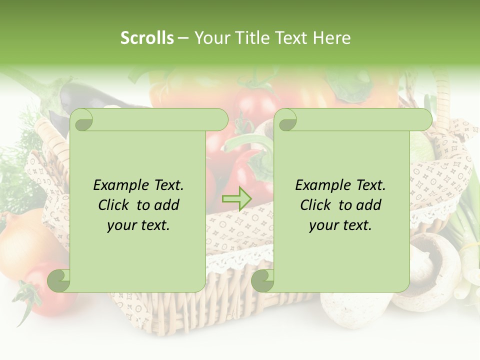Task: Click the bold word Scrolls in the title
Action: point(147,38)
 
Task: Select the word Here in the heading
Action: point(332,38)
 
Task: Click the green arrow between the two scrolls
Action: point(236,198)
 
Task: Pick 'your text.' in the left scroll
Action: point(138,225)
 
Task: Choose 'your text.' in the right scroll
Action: point(340,225)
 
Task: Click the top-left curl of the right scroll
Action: point(286,120)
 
